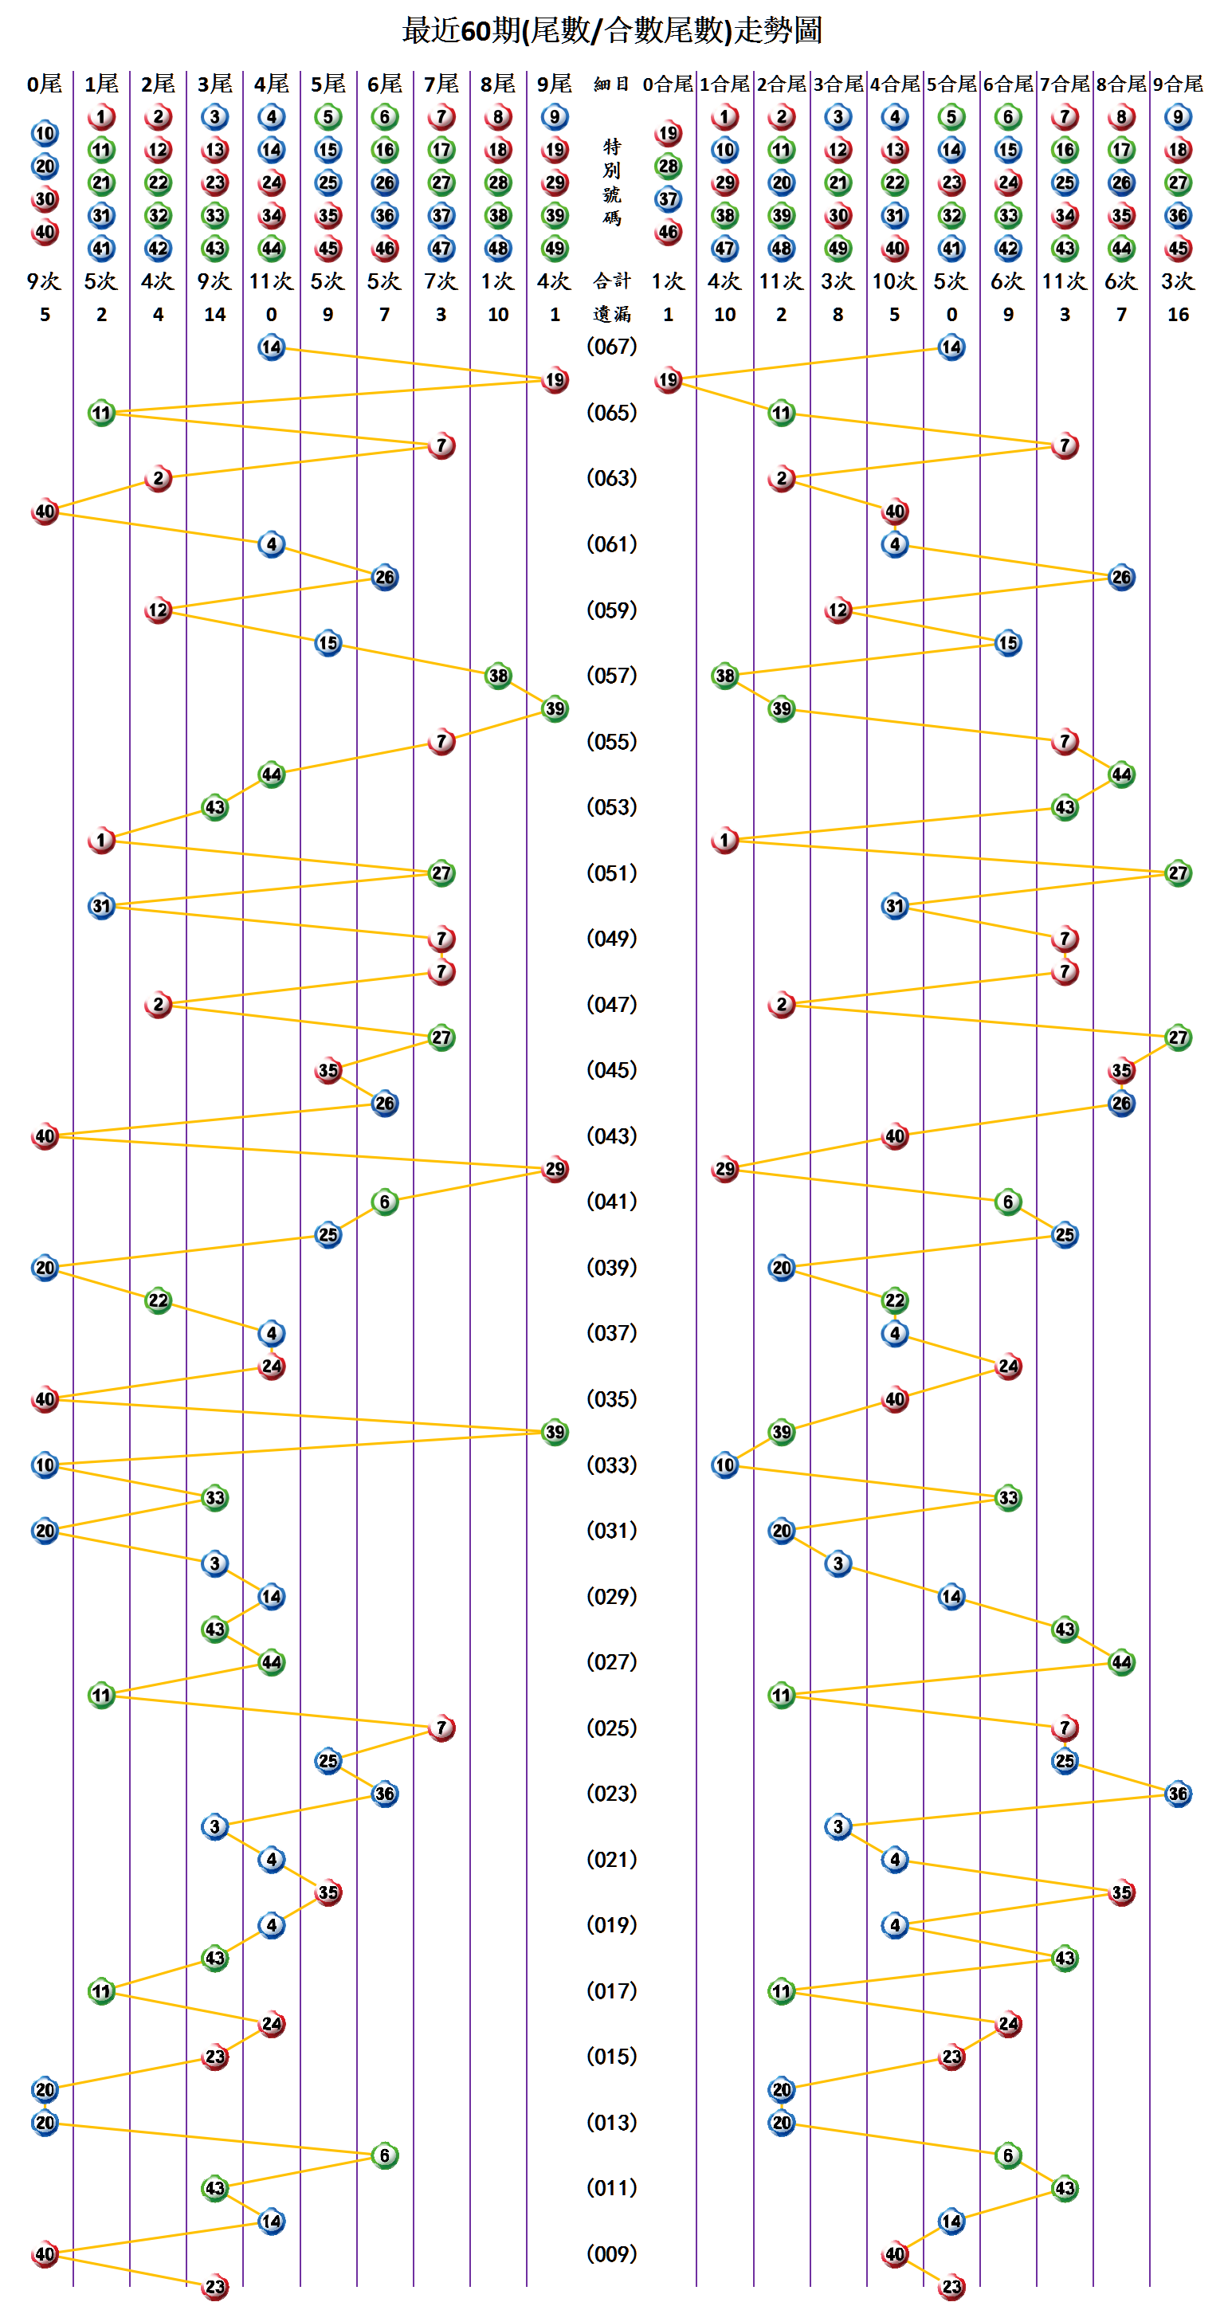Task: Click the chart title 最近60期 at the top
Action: click(611, 30)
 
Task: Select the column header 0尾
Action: click(44, 84)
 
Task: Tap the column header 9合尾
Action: click(1178, 84)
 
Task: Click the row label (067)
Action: click(611, 347)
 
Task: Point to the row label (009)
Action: click(611, 2253)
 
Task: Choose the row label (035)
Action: click(611, 1398)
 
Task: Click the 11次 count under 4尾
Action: click(270, 281)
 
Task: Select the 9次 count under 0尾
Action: click(44, 281)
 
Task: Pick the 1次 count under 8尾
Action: click(498, 281)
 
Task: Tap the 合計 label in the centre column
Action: click(611, 281)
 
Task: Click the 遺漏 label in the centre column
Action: click(611, 314)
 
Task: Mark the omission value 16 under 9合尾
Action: click(1178, 314)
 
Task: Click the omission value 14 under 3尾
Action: click(215, 314)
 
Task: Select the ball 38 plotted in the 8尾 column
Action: click(498, 676)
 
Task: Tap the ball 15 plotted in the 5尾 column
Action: click(328, 643)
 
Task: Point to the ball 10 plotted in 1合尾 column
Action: click(724, 1465)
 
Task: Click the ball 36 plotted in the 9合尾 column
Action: click(1178, 1793)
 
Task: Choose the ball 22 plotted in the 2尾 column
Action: click(159, 1300)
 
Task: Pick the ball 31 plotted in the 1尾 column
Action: click(101, 906)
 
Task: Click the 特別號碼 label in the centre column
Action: click(611, 182)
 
